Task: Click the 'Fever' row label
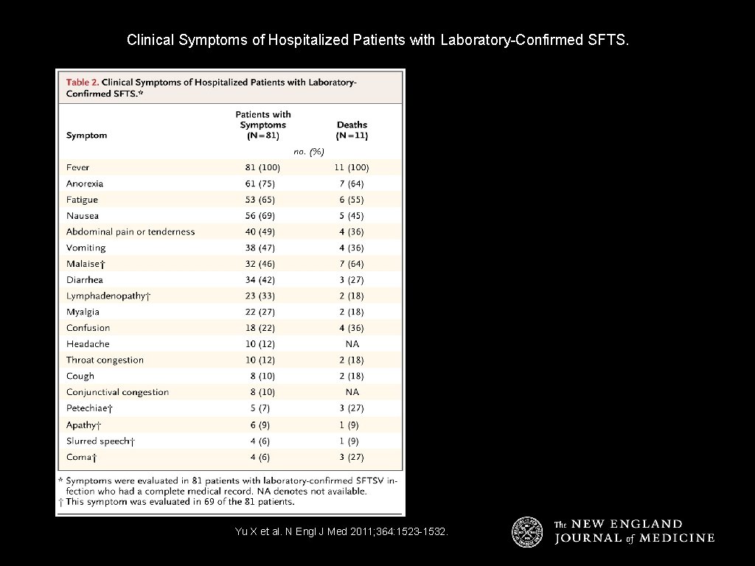coord(77,167)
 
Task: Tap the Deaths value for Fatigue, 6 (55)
coord(352,200)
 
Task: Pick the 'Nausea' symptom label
coord(82,216)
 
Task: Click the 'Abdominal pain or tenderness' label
coord(131,231)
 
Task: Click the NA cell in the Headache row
coord(352,344)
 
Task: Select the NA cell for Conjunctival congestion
coord(352,392)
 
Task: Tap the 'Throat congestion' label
coord(105,360)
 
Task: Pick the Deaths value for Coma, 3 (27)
coord(352,457)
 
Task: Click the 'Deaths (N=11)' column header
coord(352,130)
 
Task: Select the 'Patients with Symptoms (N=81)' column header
coord(263,125)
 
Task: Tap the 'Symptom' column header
coord(86,136)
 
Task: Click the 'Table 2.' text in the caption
coord(83,82)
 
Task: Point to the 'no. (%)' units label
coord(308,151)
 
